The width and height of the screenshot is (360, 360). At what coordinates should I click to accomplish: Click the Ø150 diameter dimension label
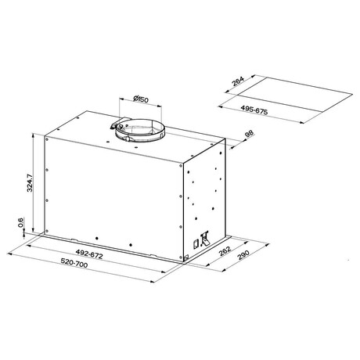coord(141,99)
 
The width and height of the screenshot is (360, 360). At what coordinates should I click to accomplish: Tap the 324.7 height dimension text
coord(30,183)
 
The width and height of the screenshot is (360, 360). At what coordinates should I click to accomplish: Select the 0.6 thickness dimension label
coord(21,222)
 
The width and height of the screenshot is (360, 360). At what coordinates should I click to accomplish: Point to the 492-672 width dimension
coord(89,254)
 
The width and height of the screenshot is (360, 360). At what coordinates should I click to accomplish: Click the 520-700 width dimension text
coord(74,263)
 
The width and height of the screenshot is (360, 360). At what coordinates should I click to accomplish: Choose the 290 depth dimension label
coord(243,255)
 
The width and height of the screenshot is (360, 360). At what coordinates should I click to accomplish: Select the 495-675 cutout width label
coord(254,110)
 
